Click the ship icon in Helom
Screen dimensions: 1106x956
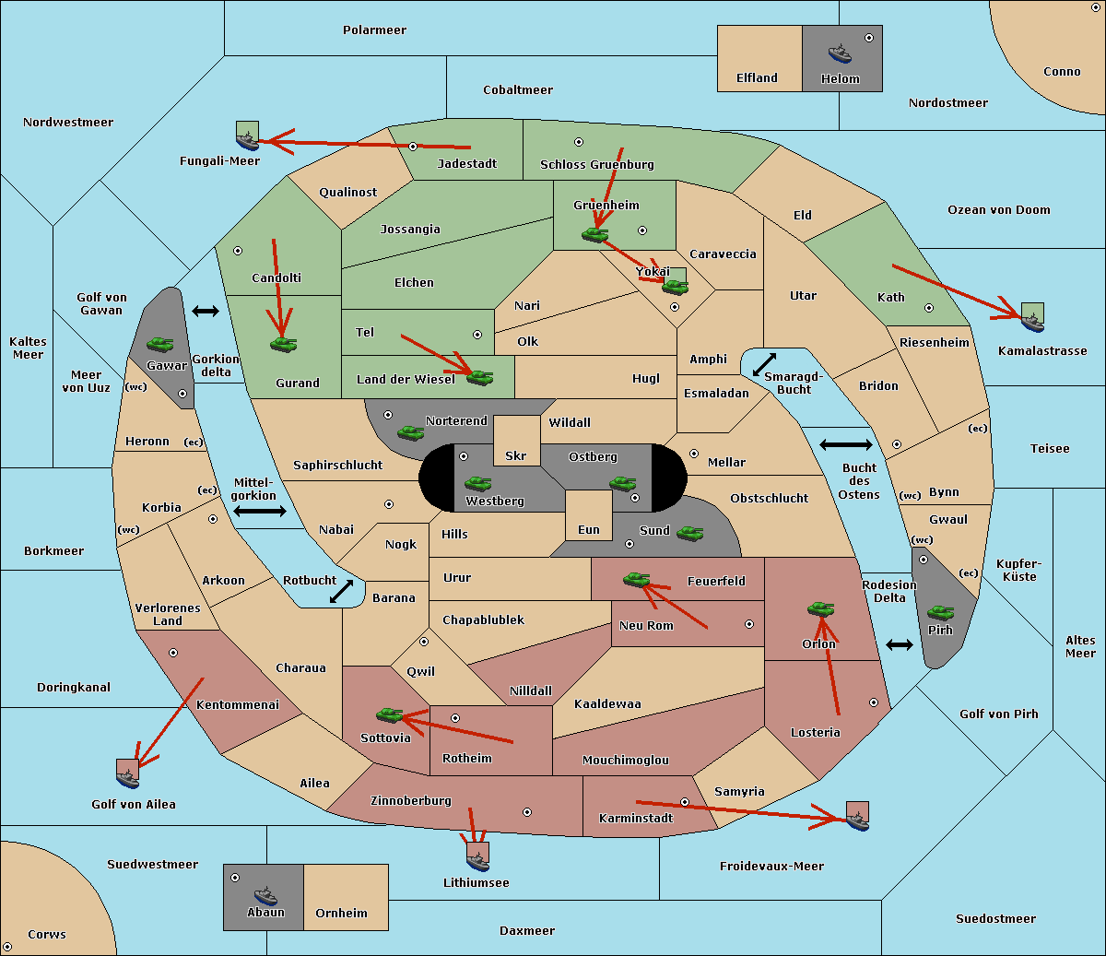tap(840, 53)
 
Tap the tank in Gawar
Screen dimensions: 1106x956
tap(160, 344)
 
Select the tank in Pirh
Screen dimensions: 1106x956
tap(940, 612)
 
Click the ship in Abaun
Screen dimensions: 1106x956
tap(265, 895)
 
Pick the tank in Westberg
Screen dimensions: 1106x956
tap(477, 484)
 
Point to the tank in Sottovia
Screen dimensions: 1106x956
tap(390, 714)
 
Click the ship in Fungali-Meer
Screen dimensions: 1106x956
tap(247, 140)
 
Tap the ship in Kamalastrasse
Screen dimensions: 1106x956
tap(1032, 323)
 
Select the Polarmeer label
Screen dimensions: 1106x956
tap(374, 30)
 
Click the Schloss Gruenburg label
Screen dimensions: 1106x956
tap(597, 164)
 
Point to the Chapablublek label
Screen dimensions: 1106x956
tap(483, 620)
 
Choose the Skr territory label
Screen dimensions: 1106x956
tap(516, 455)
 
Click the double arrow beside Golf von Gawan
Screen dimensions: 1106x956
tap(206, 311)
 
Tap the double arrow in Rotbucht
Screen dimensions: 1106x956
tap(341, 591)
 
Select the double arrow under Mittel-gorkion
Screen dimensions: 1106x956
tap(260, 511)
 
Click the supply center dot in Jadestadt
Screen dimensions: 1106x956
tap(413, 147)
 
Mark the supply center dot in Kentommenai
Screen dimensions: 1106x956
tap(173, 653)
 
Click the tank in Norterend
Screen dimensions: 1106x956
tap(411, 433)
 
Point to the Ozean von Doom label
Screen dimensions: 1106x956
tap(999, 210)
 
